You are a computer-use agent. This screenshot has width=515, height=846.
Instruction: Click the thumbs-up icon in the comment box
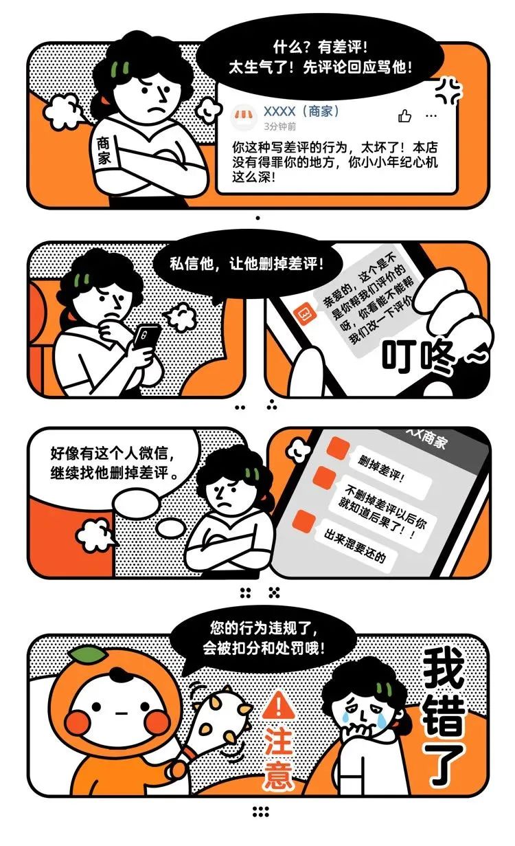click(x=405, y=115)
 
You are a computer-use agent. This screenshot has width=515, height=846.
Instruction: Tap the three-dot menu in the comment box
click(x=431, y=115)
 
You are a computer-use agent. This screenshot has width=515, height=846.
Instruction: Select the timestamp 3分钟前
click(x=280, y=127)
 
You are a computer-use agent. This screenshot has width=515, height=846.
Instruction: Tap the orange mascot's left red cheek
click(x=80, y=722)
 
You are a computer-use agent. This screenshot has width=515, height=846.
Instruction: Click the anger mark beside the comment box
click(x=450, y=90)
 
